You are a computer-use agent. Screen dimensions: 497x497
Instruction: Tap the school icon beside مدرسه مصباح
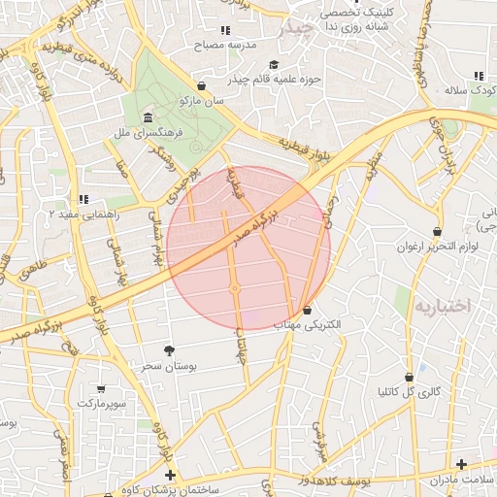click(x=225, y=30)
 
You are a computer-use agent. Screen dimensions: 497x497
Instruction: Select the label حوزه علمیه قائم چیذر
click(x=270, y=78)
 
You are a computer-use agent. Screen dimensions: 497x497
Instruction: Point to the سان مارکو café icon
click(x=201, y=85)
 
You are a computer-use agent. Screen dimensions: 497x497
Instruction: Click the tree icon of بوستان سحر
click(x=170, y=348)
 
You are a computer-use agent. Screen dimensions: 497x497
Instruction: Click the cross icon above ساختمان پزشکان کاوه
click(x=171, y=475)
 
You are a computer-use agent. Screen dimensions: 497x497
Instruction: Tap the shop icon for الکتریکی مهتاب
click(x=308, y=311)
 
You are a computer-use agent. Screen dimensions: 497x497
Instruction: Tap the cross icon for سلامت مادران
click(x=461, y=465)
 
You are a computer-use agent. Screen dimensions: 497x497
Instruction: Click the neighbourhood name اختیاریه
click(x=443, y=305)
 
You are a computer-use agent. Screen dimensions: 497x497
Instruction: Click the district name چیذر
click(x=297, y=29)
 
